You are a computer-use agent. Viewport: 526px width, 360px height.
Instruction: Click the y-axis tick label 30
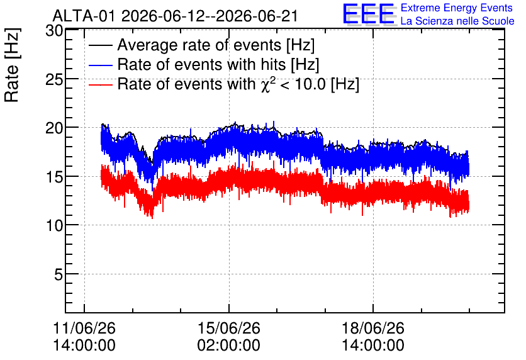click(x=54, y=31)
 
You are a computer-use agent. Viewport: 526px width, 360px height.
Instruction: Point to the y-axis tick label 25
click(x=54, y=79)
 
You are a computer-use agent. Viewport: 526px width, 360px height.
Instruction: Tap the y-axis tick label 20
click(x=54, y=128)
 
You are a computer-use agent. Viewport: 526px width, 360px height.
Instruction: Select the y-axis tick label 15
click(x=54, y=177)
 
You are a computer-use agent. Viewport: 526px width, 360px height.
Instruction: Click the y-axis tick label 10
click(x=54, y=226)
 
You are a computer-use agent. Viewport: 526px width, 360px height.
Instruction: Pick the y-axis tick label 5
click(x=59, y=275)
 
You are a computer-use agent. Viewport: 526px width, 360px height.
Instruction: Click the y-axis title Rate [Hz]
click(x=12, y=65)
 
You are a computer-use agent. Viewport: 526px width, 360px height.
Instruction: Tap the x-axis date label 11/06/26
click(x=84, y=328)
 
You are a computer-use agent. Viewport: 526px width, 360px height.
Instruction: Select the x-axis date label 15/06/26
click(x=229, y=328)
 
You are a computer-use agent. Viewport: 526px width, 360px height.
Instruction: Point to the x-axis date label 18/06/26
click(x=373, y=328)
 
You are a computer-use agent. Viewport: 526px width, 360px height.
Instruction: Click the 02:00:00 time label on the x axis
click(x=229, y=346)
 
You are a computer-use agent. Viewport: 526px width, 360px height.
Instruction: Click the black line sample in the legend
click(x=101, y=45)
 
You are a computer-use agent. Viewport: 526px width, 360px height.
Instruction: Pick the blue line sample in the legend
click(x=101, y=65)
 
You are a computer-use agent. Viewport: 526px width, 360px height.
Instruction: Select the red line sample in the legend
click(x=101, y=84)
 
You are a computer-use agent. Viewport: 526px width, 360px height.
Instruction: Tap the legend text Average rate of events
click(x=199, y=45)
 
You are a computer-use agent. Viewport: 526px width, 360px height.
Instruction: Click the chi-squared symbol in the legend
click(x=266, y=85)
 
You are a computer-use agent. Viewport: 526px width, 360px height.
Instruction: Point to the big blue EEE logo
click(x=369, y=14)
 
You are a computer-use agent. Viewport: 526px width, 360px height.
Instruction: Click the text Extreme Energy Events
click(x=457, y=8)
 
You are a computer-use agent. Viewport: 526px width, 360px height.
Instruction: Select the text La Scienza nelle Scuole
click(x=457, y=21)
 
